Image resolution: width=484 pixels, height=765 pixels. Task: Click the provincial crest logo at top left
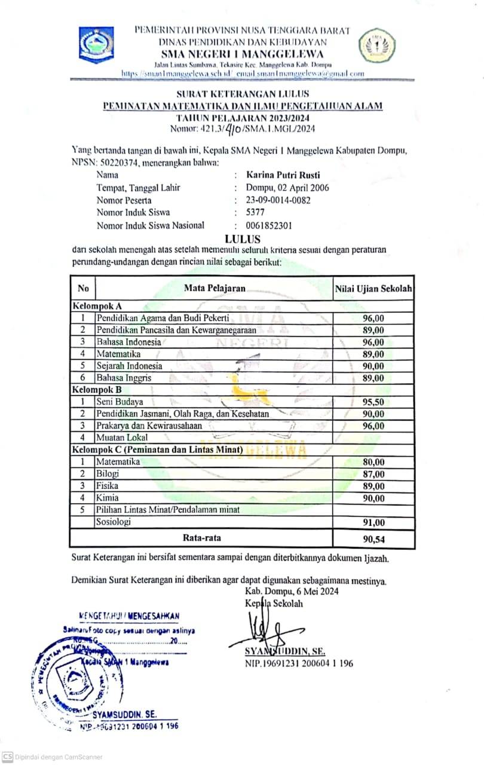tap(97, 45)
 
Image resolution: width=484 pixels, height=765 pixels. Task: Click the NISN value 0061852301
tap(269, 225)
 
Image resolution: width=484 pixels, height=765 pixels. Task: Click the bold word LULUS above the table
tap(241, 238)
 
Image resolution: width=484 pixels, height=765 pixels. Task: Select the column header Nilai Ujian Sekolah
tap(373, 289)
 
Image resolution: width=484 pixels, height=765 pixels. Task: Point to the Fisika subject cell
tap(107, 486)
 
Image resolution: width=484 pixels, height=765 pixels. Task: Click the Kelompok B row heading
tap(97, 390)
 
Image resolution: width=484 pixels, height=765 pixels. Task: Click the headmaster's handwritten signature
tap(263, 631)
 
